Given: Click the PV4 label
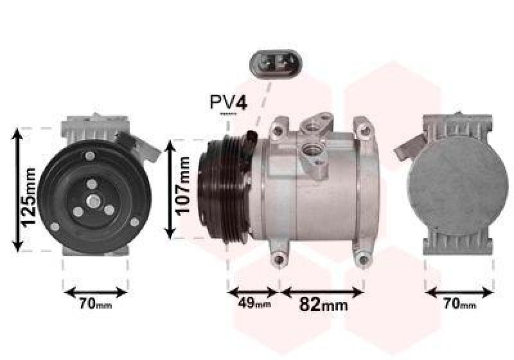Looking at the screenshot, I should [228, 102].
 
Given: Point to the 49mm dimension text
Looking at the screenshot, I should [254, 303].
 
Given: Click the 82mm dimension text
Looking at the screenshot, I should [324, 304].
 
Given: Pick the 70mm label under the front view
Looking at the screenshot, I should [95, 304].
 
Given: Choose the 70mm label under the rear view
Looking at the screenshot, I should [459, 304].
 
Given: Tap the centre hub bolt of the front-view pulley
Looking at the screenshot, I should [92, 201].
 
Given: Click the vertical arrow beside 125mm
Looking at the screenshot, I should [19, 189].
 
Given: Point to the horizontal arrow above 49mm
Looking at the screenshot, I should [253, 291].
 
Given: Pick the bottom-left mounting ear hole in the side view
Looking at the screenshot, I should [278, 259].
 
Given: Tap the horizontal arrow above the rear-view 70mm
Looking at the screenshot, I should [459, 292].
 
